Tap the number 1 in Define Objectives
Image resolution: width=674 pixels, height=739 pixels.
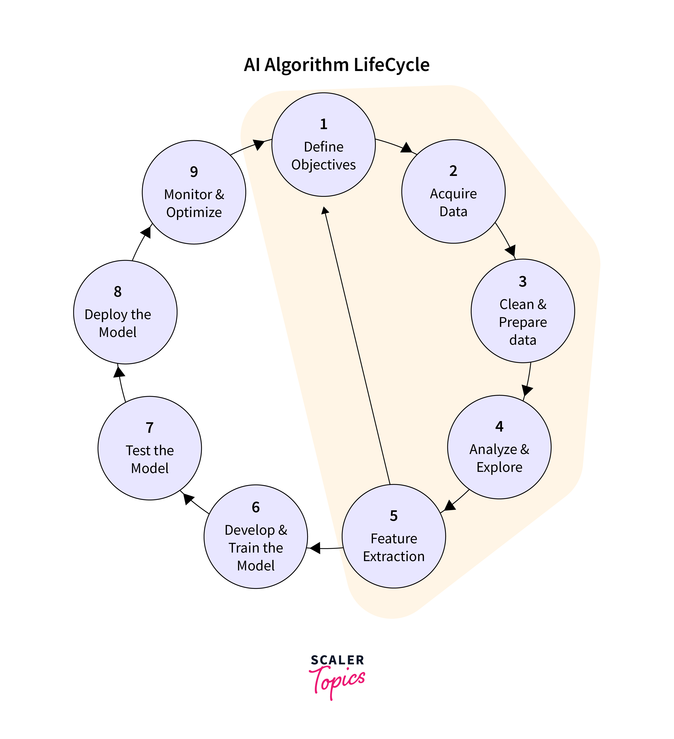pos(323,124)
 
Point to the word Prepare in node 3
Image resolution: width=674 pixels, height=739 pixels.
pos(523,322)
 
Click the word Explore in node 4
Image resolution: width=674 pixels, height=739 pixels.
pos(499,467)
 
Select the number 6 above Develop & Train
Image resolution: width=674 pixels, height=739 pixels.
pos(256,507)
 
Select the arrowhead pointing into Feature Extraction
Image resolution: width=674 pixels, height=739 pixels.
pos(449,506)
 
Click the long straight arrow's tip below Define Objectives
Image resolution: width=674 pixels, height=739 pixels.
pos(325,210)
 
